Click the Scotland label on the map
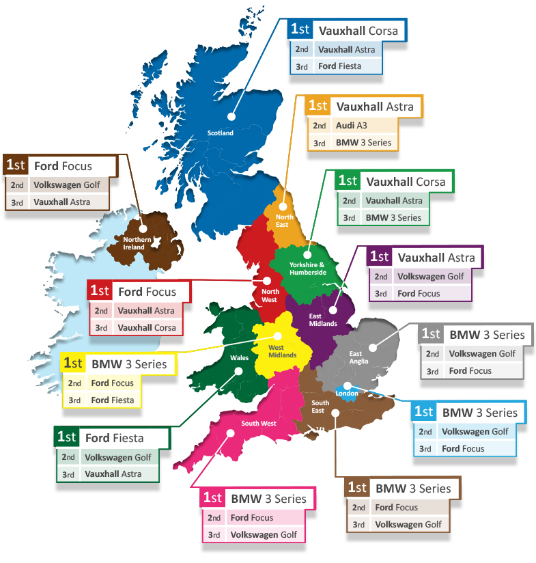pyautogui.click(x=221, y=133)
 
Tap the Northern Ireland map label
pyautogui.click(x=137, y=243)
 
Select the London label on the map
pyautogui.click(x=348, y=394)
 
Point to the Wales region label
pyautogui.click(x=239, y=357)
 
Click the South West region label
pyautogui.click(x=258, y=424)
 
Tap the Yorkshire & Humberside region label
pyautogui.click(x=308, y=268)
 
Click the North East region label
pyautogui.click(x=282, y=221)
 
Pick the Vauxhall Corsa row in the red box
pyautogui.click(x=146, y=327)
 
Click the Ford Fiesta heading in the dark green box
pyautogui.click(x=115, y=437)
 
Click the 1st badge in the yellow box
pyautogui.click(x=74, y=363)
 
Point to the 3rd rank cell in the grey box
pyautogui.click(x=432, y=371)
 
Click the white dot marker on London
pyautogui.click(x=348, y=385)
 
